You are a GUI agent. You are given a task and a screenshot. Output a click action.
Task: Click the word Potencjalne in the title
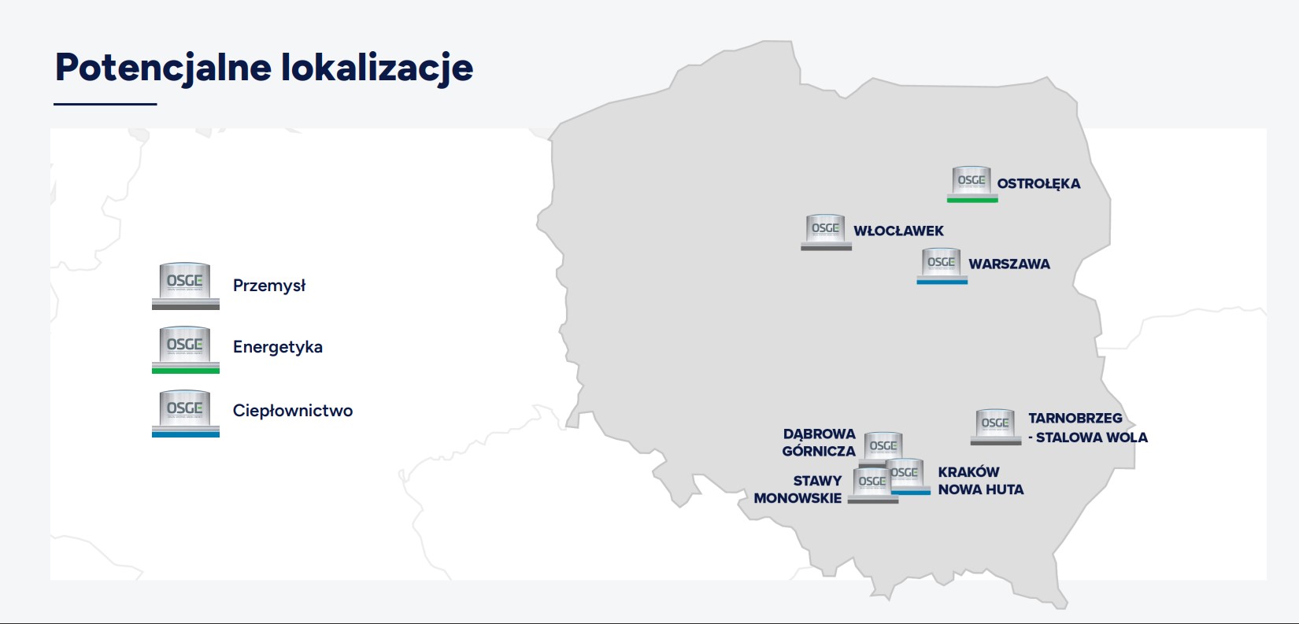click(x=163, y=68)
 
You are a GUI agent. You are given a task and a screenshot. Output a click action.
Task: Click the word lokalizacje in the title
click(x=377, y=68)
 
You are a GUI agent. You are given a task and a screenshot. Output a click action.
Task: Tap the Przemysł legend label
click(x=269, y=286)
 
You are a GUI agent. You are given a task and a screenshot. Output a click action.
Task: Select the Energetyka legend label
click(x=278, y=347)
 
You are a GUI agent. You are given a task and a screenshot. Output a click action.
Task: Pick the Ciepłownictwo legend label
click(x=293, y=411)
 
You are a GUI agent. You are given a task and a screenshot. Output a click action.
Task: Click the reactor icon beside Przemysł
click(x=186, y=286)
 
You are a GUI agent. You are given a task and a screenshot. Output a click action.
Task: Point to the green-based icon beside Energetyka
click(x=186, y=349)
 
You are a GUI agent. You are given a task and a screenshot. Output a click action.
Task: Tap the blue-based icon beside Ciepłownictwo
click(x=186, y=413)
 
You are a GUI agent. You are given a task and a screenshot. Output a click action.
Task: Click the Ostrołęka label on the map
click(x=1038, y=183)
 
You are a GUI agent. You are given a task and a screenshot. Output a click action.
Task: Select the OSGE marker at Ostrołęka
click(x=972, y=184)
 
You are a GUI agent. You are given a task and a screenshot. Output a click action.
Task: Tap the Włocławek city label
click(x=898, y=231)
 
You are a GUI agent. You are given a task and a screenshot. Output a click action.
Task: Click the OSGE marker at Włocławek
click(x=827, y=232)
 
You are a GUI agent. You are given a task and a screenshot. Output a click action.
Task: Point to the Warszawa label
click(x=1009, y=264)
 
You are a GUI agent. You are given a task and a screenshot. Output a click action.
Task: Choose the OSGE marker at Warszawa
click(x=942, y=266)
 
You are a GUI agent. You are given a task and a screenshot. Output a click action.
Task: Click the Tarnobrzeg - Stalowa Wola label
click(x=1088, y=427)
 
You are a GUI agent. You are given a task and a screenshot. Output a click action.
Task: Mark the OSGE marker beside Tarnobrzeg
click(x=996, y=427)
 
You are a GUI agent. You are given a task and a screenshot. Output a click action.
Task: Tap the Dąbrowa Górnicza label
click(x=819, y=443)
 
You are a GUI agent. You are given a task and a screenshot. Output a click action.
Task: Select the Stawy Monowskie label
click(x=798, y=489)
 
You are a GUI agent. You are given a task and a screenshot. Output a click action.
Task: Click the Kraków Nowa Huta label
click(x=981, y=481)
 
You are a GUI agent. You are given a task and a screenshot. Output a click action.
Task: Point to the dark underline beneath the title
click(x=105, y=105)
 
